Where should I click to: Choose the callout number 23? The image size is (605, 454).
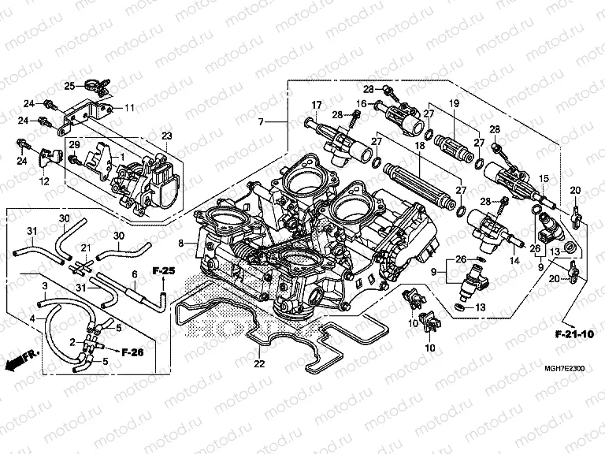(166, 136)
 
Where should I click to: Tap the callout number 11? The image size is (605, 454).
(129, 107)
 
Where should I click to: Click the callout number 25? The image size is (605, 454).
(69, 85)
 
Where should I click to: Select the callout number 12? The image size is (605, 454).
(45, 181)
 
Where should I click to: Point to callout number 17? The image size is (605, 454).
(317, 106)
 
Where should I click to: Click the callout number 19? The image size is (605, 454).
(454, 104)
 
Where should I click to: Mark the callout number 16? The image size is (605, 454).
(361, 103)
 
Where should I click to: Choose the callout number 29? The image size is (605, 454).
(73, 145)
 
